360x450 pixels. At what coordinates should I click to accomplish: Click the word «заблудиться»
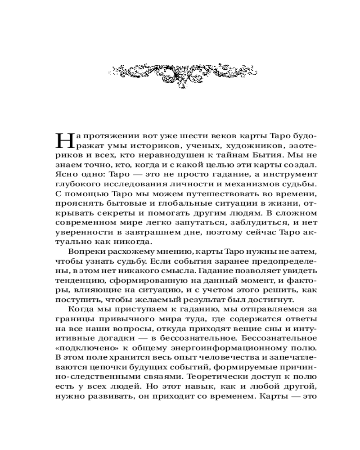click(x=238, y=224)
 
